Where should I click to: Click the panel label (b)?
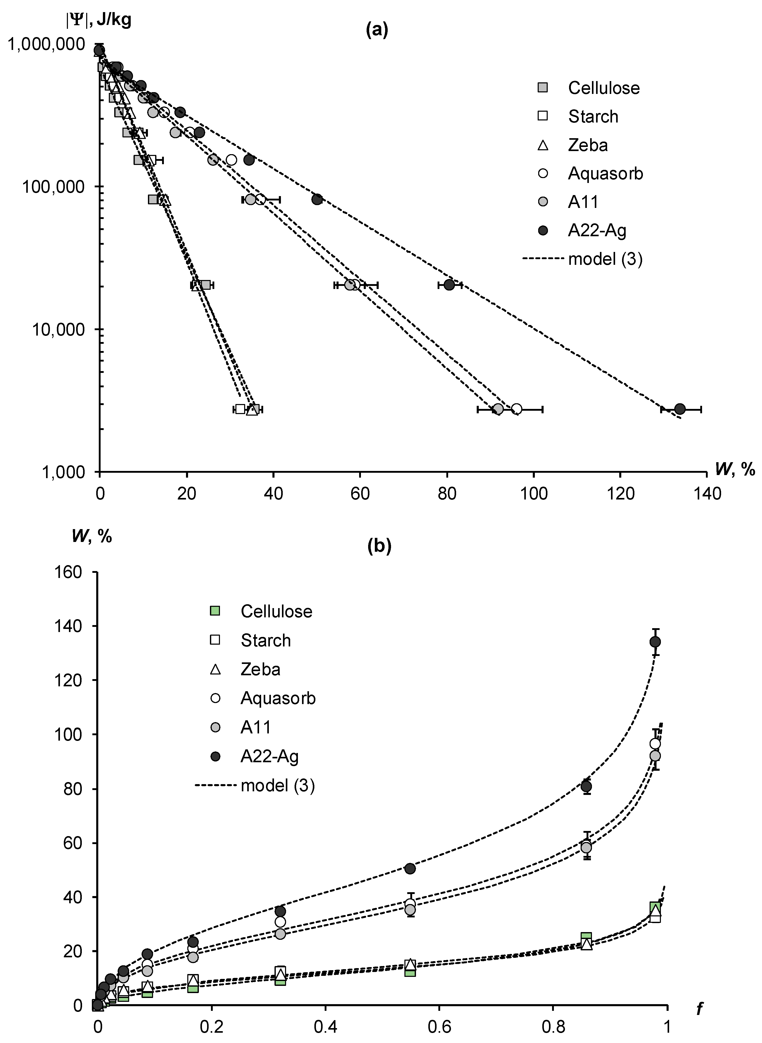(x=379, y=546)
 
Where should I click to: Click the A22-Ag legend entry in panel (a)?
(x=597, y=230)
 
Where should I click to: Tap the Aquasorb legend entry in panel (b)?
(x=278, y=698)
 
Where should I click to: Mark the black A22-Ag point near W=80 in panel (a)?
(x=449, y=285)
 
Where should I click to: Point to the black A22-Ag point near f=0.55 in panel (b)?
(x=410, y=868)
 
